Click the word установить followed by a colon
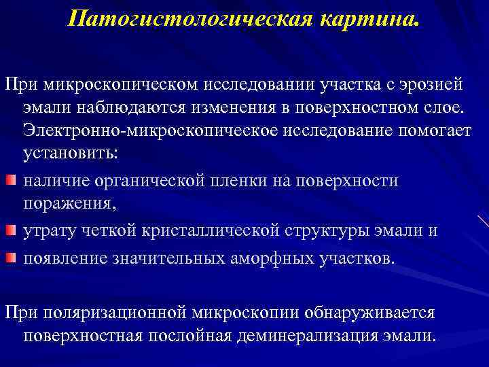pos(70,154)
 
